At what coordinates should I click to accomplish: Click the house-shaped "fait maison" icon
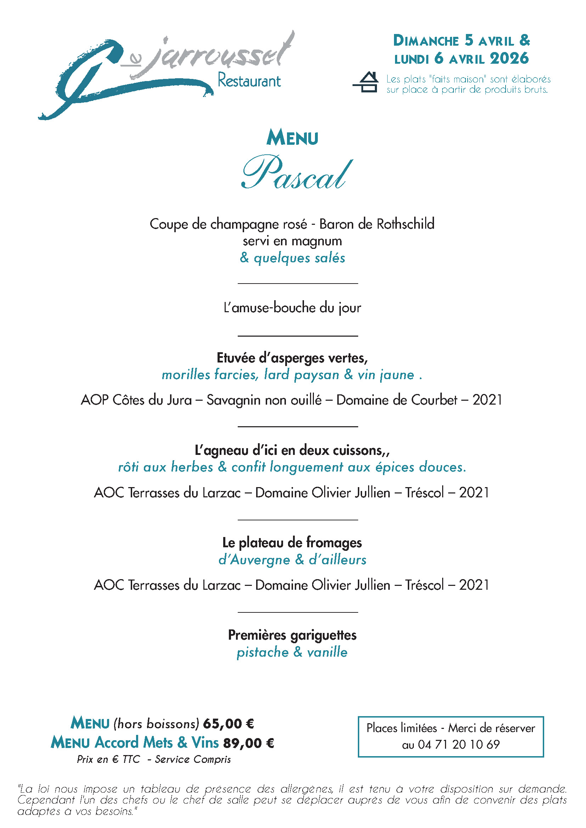pos(366,82)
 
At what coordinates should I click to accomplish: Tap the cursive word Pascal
pos(296,173)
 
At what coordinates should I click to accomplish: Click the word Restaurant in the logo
pos(249,81)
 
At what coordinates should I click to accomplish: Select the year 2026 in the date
pos(509,58)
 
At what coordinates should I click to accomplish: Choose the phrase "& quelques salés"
pos(292,258)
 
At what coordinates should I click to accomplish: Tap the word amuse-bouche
pos(274,308)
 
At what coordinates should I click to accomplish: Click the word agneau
pos(226,451)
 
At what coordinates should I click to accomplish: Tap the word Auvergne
pos(260,560)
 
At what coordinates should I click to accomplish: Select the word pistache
pos(263,652)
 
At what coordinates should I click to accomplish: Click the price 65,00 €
pos(229,724)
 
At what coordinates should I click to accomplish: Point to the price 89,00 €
pos(249,743)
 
